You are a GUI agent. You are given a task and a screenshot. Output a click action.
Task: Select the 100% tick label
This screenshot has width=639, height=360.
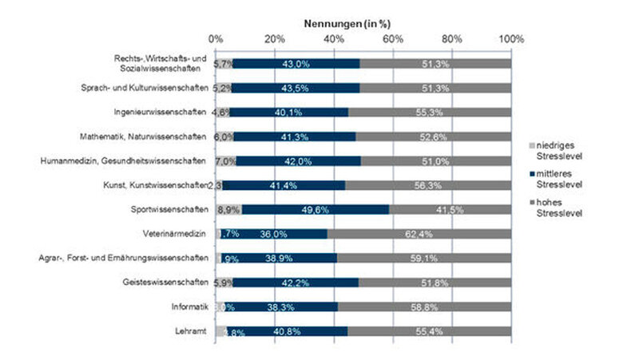point(511,38)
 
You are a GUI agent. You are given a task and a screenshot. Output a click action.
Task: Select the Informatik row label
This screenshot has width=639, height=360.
point(189,307)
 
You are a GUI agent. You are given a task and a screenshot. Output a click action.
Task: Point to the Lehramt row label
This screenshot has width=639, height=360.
point(193,330)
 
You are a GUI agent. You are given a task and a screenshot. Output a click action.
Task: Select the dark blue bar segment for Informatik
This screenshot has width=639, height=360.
point(281,307)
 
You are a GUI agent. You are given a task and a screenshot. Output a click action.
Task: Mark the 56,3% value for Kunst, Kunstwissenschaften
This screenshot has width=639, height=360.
point(428,185)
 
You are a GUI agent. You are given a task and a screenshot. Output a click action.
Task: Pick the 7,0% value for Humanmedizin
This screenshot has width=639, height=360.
point(225,160)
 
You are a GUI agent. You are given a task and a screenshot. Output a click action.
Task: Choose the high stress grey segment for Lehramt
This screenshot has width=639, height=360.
point(429,330)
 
